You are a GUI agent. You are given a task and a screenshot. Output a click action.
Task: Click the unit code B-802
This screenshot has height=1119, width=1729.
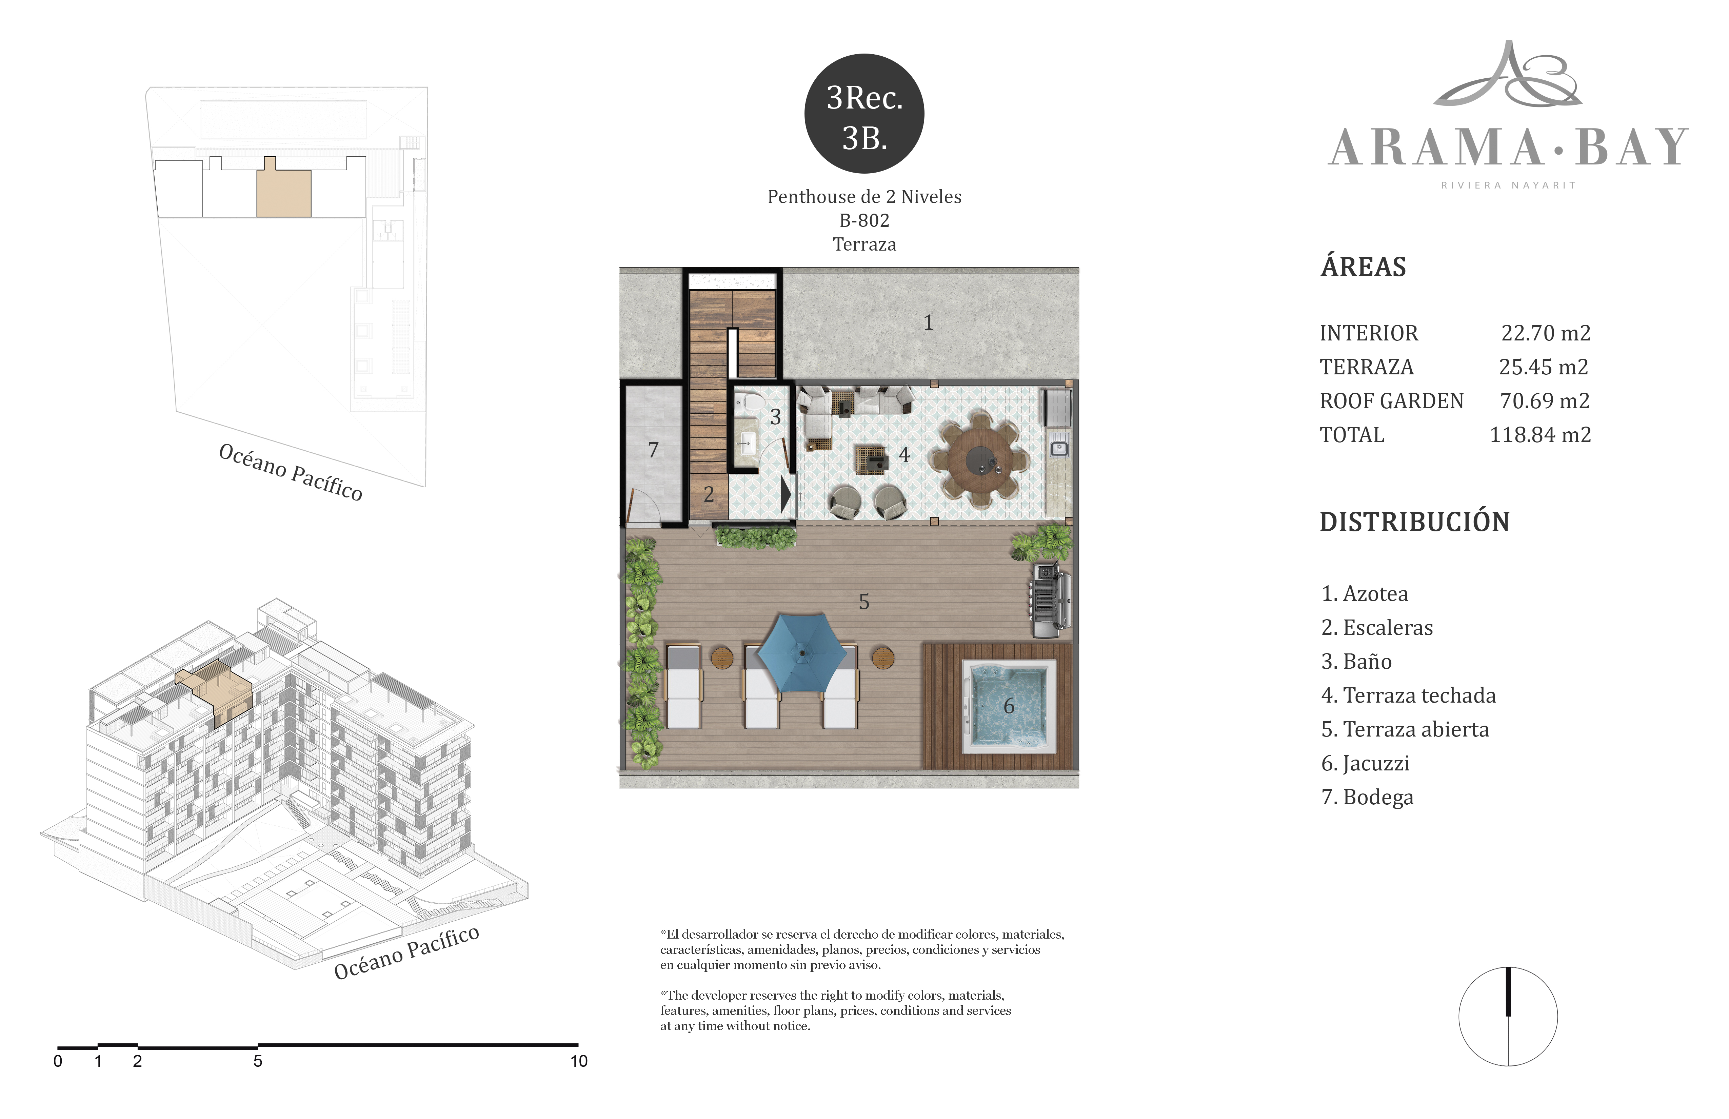864,220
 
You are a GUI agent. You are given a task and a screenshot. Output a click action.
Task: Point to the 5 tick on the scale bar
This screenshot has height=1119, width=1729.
257,1046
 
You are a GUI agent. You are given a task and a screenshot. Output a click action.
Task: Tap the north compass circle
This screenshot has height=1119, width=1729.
1508,1017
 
